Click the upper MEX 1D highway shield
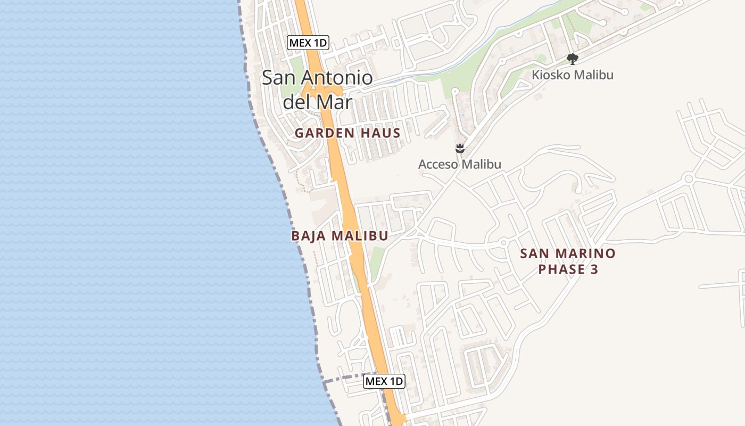(308, 43)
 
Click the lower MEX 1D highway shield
(384, 381)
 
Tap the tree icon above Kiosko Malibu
(572, 59)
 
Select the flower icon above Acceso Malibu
(460, 149)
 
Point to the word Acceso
(438, 165)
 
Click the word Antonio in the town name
(337, 78)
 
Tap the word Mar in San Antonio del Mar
(337, 102)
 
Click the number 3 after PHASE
(594, 269)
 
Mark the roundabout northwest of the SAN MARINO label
(503, 243)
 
